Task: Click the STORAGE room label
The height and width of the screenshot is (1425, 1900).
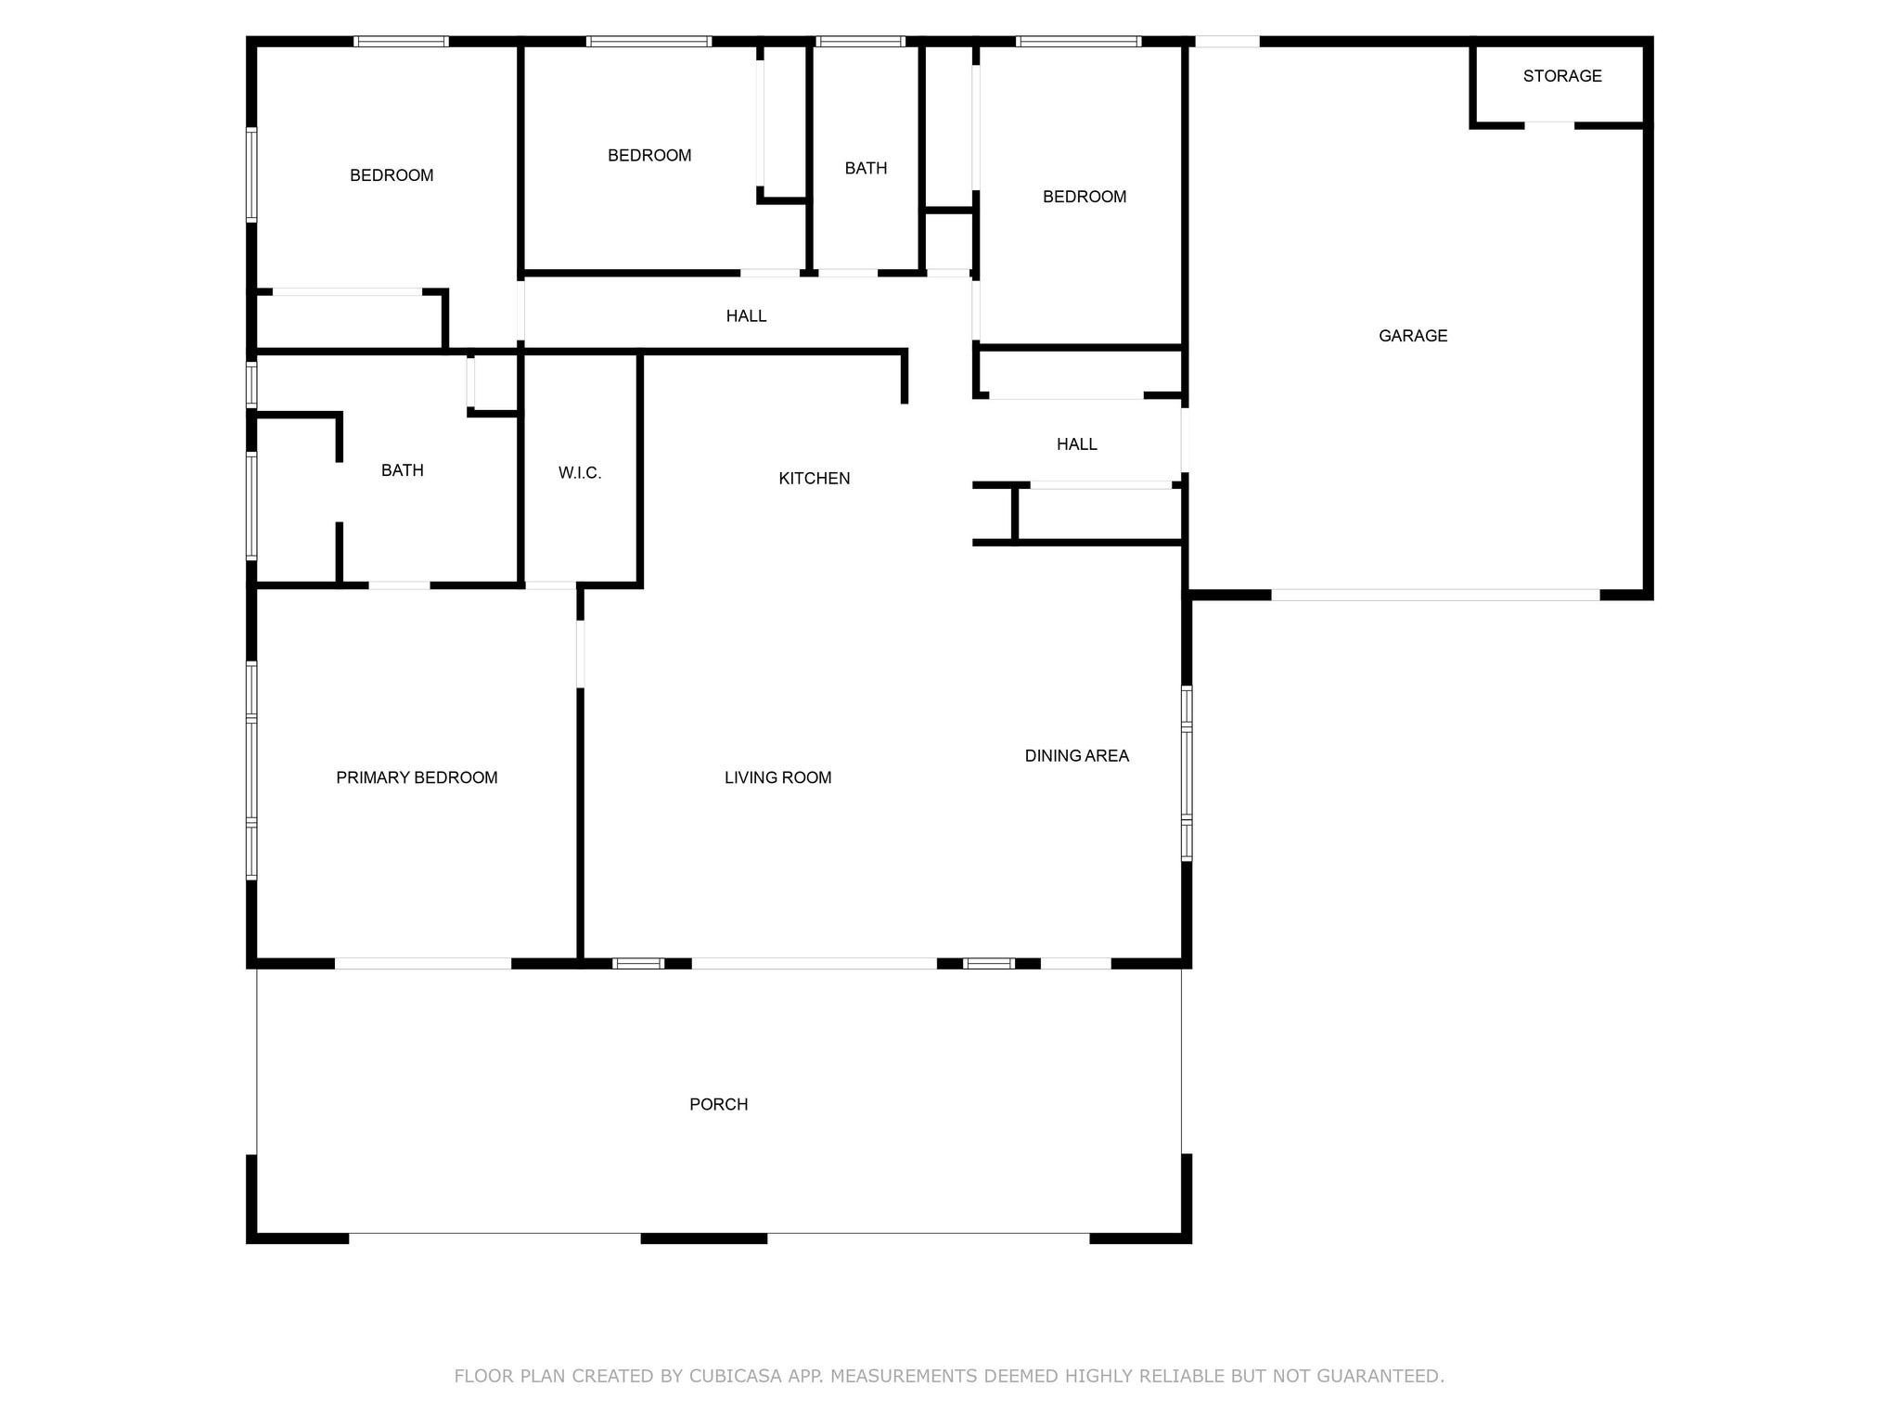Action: pos(1562,76)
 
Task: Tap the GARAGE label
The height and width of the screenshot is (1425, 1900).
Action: pos(1413,336)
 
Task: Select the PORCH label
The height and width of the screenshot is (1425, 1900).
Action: pos(719,1104)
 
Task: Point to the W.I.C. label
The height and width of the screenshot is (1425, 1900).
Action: pos(580,473)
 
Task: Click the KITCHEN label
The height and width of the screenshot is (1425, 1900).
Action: pos(815,478)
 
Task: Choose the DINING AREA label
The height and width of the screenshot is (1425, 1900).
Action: pos(1077,756)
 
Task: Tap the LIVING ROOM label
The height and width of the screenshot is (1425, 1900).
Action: pos(778,777)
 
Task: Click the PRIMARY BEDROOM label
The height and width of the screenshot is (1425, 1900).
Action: pos(417,777)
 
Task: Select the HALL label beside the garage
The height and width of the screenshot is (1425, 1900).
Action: pos(1077,444)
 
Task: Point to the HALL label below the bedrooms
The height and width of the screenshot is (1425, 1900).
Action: pos(747,316)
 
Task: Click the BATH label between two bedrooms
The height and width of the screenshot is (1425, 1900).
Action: pos(867,168)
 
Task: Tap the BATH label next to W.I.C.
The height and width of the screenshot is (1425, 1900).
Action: pos(403,470)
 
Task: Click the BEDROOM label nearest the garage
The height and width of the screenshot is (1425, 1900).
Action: pos(1085,197)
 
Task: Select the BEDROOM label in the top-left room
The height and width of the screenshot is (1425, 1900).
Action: pos(392,175)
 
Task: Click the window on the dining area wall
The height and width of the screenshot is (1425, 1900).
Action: pos(1187,774)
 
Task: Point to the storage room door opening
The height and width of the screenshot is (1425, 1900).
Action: pos(1549,125)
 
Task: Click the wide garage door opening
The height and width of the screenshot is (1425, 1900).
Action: pos(1435,595)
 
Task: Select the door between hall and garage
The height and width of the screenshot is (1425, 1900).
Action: pos(1186,441)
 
